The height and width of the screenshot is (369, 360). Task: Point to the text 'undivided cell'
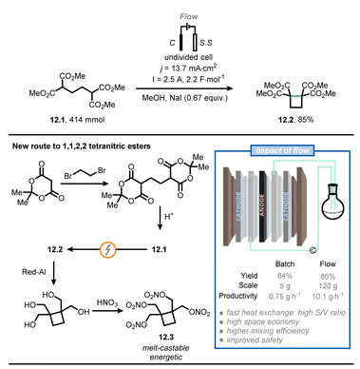click(x=180, y=56)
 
